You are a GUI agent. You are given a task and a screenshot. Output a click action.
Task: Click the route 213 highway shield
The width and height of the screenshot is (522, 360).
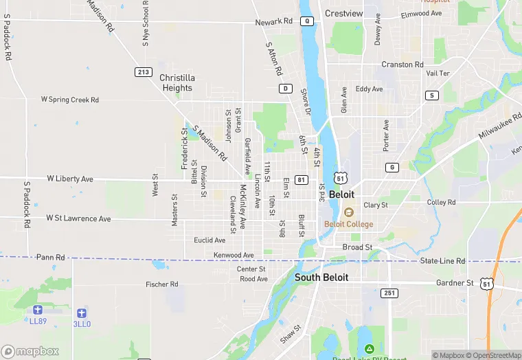tap(144, 72)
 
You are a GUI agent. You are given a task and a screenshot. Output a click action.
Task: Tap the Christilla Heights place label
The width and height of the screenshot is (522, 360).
tap(177, 82)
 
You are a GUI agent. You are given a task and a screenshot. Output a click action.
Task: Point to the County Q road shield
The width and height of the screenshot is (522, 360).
tap(308, 21)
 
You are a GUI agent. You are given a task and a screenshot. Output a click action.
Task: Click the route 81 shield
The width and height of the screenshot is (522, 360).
tap(301, 179)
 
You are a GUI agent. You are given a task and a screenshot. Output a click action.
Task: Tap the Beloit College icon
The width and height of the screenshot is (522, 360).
tap(348, 212)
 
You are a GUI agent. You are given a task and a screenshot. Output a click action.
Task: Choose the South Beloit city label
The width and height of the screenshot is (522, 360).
tap(321, 278)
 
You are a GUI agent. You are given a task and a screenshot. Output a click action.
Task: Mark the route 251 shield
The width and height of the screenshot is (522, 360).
tap(389, 293)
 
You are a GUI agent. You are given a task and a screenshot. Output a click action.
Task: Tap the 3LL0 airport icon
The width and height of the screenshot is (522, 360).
tap(82, 313)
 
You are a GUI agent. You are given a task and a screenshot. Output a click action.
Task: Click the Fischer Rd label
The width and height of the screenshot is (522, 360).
tap(162, 284)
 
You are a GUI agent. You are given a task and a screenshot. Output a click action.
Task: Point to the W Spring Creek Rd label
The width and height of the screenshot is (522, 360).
tap(70, 100)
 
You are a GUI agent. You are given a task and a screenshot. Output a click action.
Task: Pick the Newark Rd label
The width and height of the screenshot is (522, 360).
tap(274, 22)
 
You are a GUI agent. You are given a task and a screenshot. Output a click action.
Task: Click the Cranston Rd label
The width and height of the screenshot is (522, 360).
tap(402, 65)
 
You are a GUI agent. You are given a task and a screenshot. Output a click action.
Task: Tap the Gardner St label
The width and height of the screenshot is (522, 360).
tap(455, 283)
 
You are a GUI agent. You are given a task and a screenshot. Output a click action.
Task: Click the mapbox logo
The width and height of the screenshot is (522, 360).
tap(30, 351)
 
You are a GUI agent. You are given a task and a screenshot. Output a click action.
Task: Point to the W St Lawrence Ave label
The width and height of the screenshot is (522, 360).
tap(78, 218)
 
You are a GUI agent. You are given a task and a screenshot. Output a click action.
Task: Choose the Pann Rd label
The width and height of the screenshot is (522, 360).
tap(51, 257)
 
